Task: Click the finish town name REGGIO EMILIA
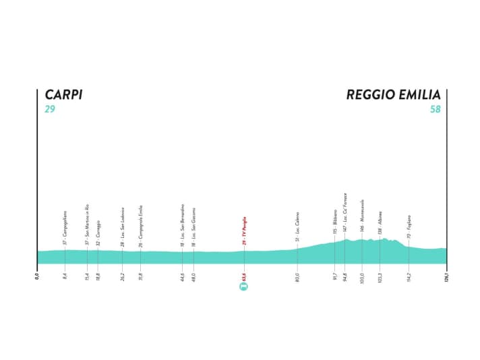(x=394, y=95)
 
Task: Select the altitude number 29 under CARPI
(x=49, y=109)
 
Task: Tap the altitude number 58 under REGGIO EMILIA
(x=435, y=109)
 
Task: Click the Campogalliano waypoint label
(x=65, y=227)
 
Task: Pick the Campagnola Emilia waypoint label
(x=141, y=224)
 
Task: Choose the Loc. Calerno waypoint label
(x=297, y=227)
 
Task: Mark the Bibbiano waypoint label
(x=334, y=222)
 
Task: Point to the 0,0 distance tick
(x=38, y=275)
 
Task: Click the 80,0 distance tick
(x=297, y=275)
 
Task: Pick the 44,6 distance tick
(x=182, y=275)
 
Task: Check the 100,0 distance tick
(x=362, y=275)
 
